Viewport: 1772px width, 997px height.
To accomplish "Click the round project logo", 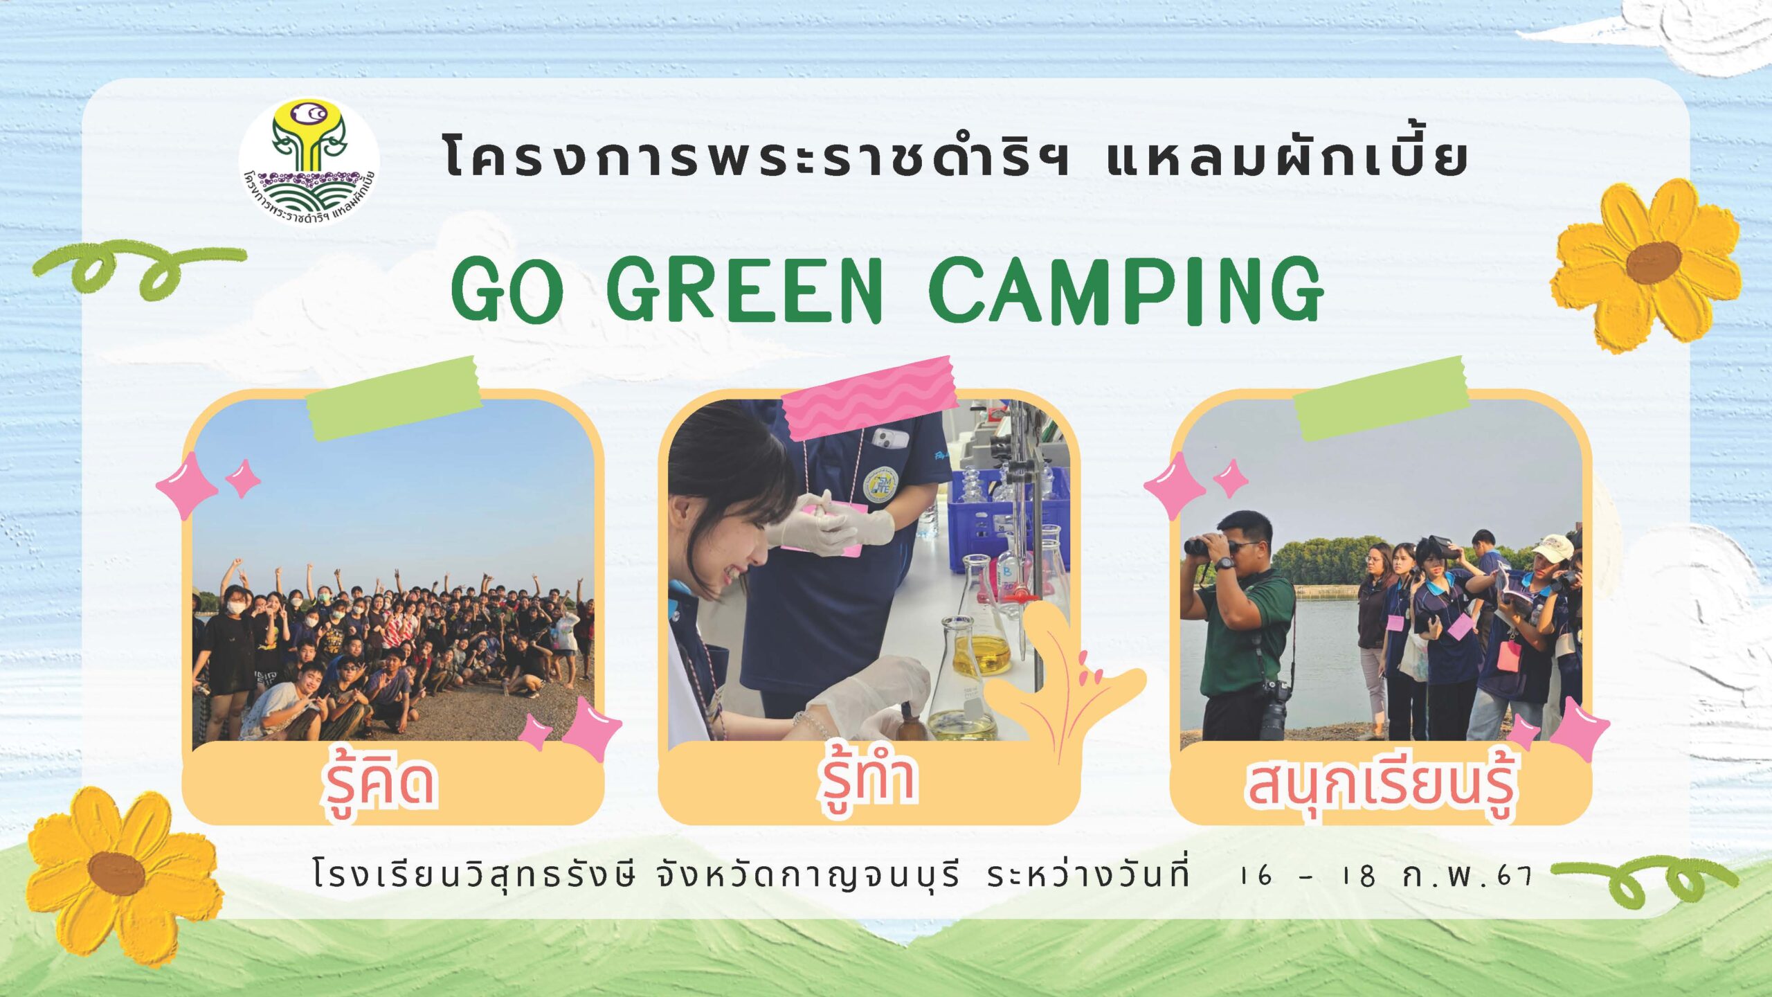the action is (x=309, y=163).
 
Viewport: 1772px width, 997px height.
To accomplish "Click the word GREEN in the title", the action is (x=745, y=289).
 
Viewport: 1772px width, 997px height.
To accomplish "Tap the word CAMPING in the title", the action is (x=1126, y=290).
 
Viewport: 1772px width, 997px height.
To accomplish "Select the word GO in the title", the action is (x=507, y=289).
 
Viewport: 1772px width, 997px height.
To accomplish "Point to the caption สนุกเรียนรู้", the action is (x=1381, y=785).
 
